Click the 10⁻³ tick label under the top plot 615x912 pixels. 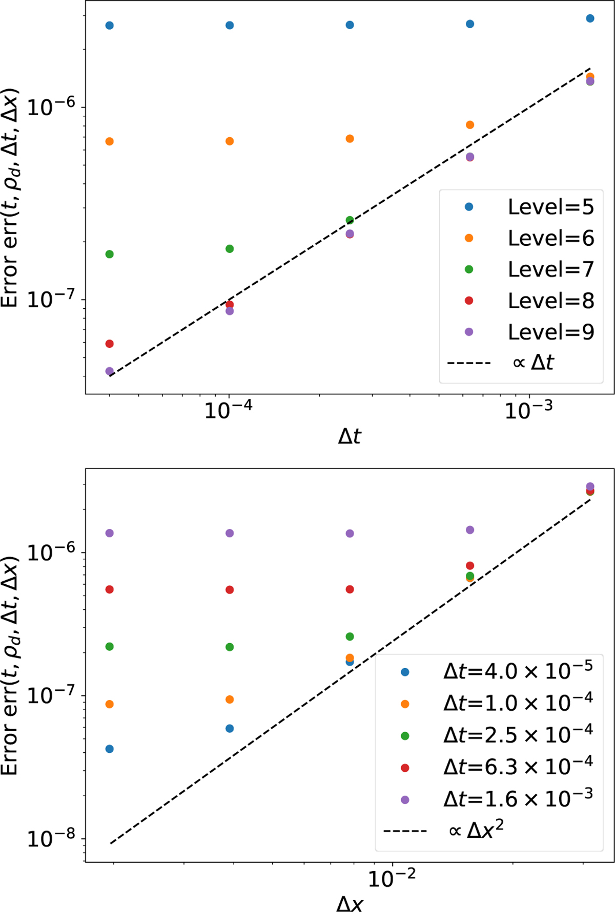528,410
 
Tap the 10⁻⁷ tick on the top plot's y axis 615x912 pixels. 51,299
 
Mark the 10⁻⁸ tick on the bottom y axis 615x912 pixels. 51,838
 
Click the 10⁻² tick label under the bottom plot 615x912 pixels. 392,879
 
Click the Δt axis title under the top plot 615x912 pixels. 350,436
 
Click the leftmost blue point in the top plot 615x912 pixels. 109,26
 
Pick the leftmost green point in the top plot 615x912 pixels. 109,254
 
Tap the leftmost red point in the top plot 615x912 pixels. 109,344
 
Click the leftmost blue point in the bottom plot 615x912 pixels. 109,749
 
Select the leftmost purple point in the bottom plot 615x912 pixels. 109,533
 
